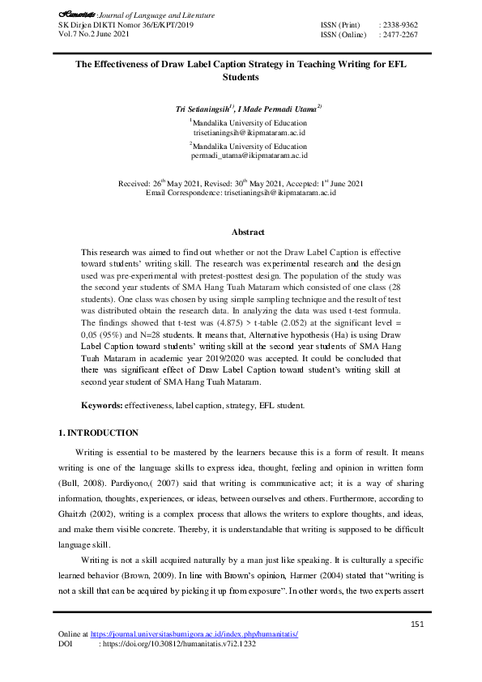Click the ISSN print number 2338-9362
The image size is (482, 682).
399,26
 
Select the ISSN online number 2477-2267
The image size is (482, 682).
399,35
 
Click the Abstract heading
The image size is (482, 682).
243,232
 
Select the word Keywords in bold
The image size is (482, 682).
101,403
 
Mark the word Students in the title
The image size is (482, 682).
241,79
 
